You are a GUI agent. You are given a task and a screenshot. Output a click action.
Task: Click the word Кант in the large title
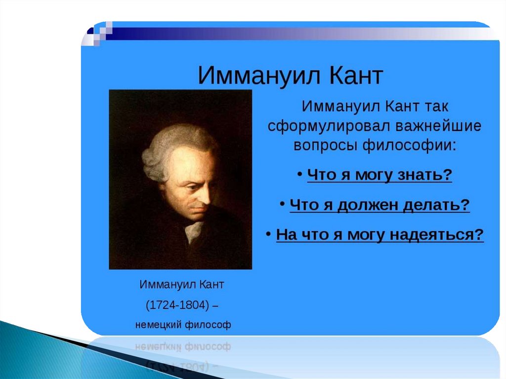tap(356, 76)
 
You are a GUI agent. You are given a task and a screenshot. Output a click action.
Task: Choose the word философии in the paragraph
tap(410, 145)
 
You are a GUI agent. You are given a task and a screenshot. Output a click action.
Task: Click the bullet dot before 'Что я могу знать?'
tap(300, 174)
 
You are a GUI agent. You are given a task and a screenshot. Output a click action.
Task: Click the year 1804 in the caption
tap(193, 305)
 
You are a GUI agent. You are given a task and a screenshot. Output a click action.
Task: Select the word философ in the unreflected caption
tap(207, 325)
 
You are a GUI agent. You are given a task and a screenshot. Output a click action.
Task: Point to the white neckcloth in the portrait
tap(194, 231)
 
